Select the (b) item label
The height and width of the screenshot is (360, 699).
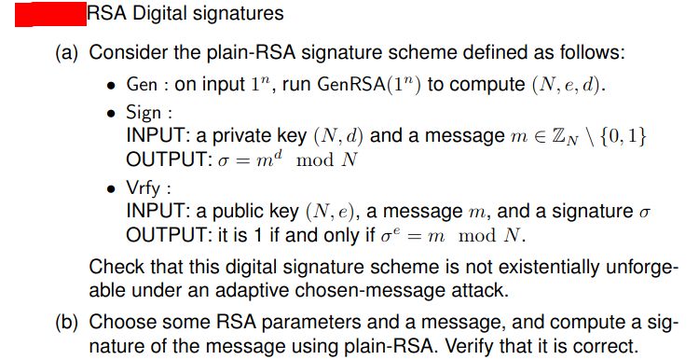pyautogui.click(x=66, y=325)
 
